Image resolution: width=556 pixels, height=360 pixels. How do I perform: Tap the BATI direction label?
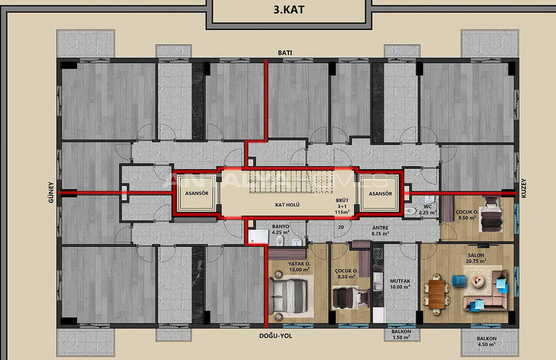click(285, 52)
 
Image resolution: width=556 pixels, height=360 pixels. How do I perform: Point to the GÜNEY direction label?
click(51, 193)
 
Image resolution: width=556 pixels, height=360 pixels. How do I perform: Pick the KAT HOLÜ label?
click(287, 205)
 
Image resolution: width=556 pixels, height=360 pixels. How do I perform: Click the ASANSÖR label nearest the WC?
click(379, 194)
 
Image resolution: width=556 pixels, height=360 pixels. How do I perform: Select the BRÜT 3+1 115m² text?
click(341, 206)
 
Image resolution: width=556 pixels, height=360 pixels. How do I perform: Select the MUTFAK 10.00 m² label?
click(400, 283)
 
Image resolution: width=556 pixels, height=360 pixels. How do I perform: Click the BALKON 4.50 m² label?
click(487, 342)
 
